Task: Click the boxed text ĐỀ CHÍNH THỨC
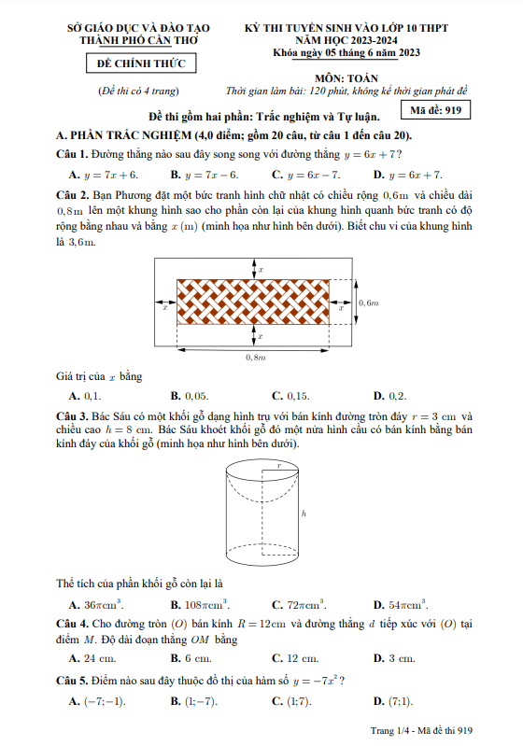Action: tap(141, 63)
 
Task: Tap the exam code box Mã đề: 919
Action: tap(435, 110)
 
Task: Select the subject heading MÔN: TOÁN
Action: tap(346, 78)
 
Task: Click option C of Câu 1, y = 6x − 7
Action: tap(306, 175)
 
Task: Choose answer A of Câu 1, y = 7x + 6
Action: tap(104, 175)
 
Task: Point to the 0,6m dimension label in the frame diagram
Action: tap(368, 303)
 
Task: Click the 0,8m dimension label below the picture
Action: tap(256, 358)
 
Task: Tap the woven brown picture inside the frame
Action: tap(253, 302)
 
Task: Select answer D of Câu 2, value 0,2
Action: tap(389, 396)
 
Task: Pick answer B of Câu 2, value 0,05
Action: tap(190, 396)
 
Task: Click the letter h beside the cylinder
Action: tap(304, 514)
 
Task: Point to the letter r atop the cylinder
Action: tap(279, 466)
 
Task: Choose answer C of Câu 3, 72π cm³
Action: tap(299, 605)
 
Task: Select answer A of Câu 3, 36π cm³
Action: tap(96, 605)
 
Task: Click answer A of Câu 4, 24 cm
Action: tap(92, 658)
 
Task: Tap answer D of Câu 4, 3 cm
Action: tap(394, 658)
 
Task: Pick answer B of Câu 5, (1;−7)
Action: tap(194, 701)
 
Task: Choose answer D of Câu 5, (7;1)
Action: tap(393, 701)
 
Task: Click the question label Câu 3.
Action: tap(72, 416)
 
